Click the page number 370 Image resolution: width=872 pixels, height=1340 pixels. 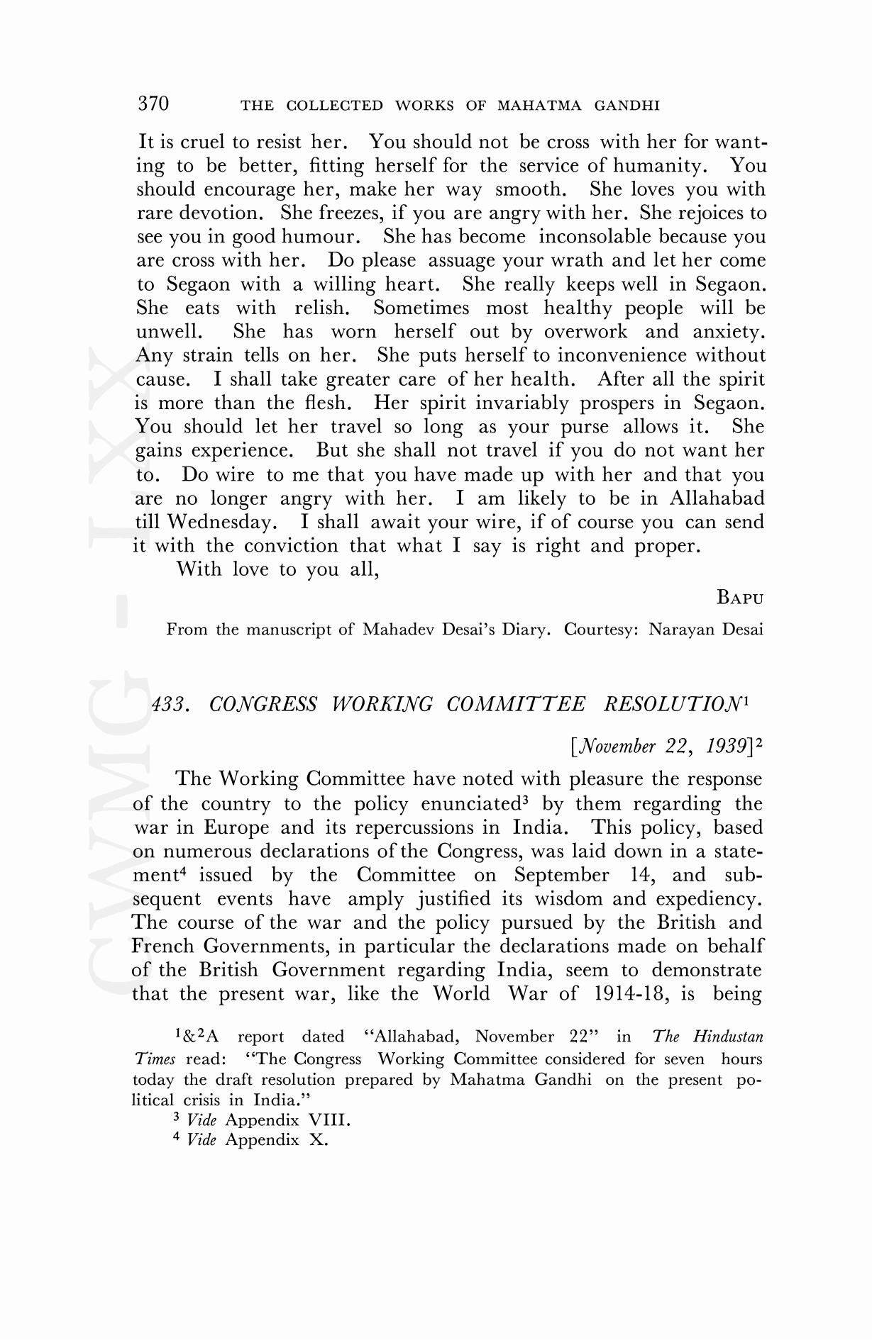tap(153, 104)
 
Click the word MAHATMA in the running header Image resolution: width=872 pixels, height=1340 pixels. tap(540, 106)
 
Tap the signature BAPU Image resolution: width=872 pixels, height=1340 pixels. tap(740, 598)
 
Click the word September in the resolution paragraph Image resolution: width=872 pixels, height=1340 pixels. tap(561, 876)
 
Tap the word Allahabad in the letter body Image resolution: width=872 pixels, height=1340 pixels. tap(717, 498)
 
